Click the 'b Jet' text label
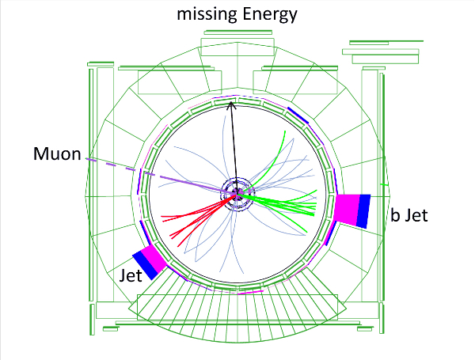pos(410,214)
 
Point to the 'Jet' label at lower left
pos(131,275)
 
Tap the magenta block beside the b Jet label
pos(346,210)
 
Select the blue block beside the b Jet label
pos(363,210)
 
